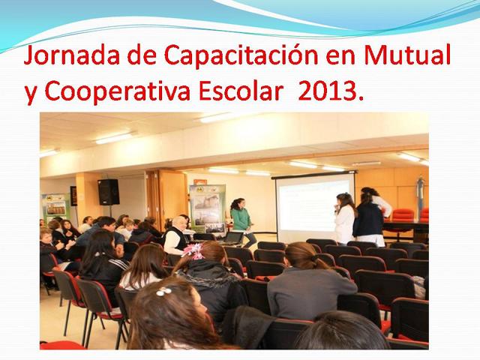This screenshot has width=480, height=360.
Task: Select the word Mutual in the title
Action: click(407, 55)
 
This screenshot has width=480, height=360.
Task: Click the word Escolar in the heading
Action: click(241, 91)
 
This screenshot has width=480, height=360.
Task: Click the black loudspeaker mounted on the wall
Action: click(108, 192)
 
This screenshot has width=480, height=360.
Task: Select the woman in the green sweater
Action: click(242, 221)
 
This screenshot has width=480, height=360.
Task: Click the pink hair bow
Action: click(193, 251)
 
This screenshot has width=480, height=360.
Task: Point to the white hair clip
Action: click(163, 291)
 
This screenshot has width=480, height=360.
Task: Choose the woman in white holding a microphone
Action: click(345, 218)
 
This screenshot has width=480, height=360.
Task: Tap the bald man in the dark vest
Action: click(175, 235)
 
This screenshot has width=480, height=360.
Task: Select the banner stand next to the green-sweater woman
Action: click(208, 208)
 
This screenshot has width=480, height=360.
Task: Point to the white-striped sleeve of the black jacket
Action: click(118, 264)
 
